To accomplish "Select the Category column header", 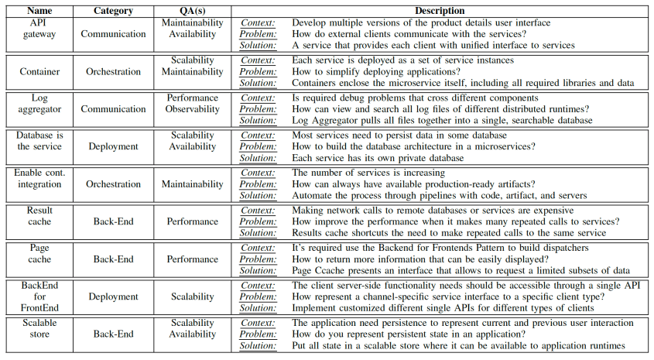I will click(113, 12).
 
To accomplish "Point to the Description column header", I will click(440, 12).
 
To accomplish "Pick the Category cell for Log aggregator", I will click(113, 109).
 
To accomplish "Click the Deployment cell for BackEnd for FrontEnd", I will click(113, 296).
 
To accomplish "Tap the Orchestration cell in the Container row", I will click(113, 71).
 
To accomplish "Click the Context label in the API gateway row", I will click(258, 23).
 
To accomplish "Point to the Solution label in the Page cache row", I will click(257, 270).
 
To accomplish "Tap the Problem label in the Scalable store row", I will click(257, 334).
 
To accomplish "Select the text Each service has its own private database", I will click(378, 158).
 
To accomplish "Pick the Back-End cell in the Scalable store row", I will click(113, 334).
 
